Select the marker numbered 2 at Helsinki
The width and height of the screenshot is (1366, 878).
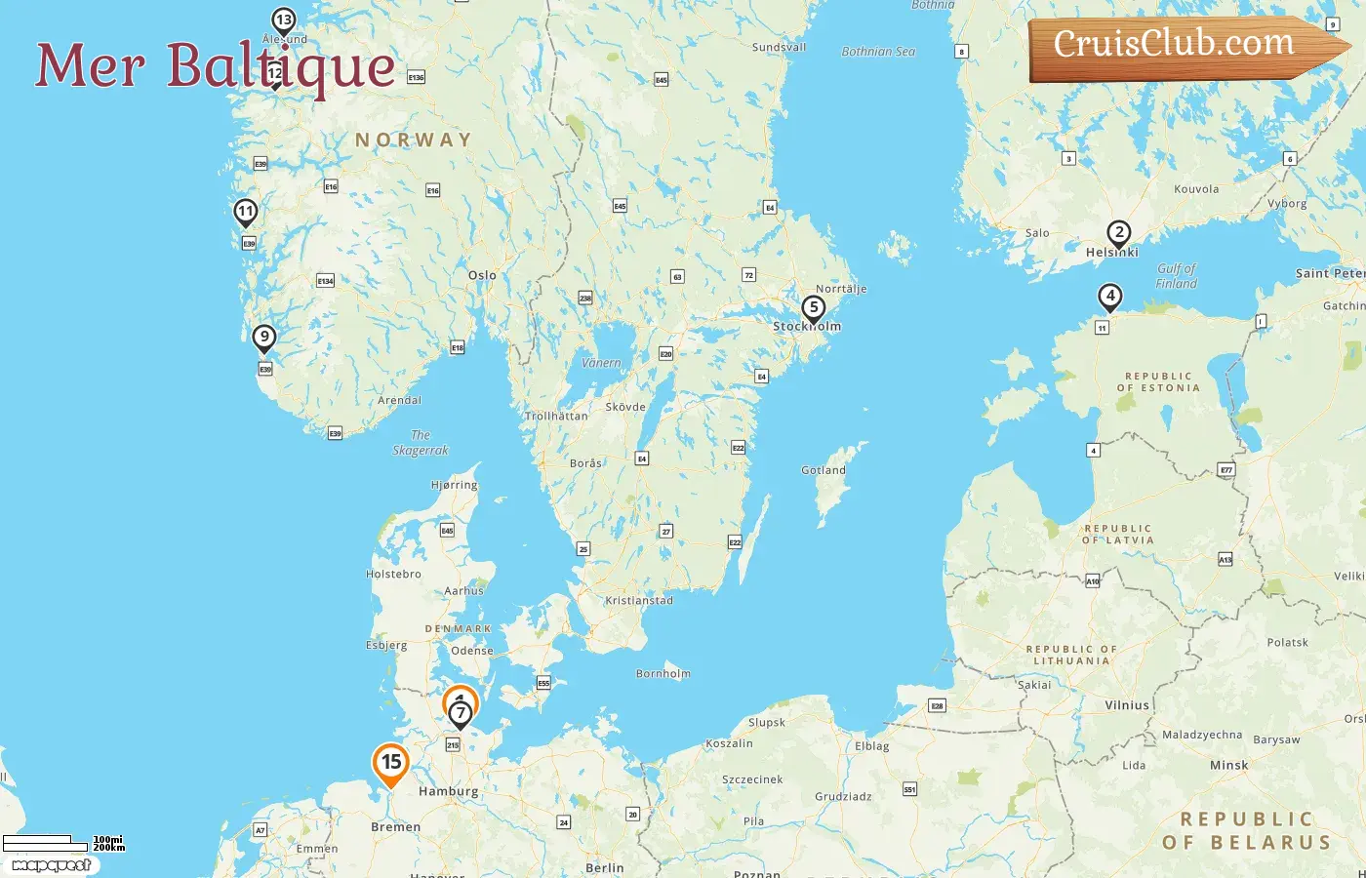tap(1119, 233)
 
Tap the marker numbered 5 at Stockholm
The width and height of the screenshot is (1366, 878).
tap(813, 308)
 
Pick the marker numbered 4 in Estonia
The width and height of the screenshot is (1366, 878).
tap(1109, 296)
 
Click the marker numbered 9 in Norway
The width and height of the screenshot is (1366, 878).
tap(263, 338)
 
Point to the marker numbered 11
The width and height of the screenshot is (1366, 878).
tap(246, 211)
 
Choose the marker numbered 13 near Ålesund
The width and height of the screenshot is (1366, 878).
tap(283, 20)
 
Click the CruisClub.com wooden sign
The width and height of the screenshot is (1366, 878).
tap(1181, 46)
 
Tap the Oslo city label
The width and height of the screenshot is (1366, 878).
tap(482, 276)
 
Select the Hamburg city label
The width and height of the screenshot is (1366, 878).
tap(449, 792)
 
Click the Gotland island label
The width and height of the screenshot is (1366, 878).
tap(824, 470)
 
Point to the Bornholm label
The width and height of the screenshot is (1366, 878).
tap(663, 674)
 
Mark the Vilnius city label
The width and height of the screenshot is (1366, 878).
tap(1127, 705)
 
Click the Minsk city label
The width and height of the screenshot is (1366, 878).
tap(1228, 766)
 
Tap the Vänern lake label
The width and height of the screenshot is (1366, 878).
tap(601, 363)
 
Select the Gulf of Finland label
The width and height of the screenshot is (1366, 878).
tap(1176, 276)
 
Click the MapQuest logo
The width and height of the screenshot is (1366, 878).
tap(51, 865)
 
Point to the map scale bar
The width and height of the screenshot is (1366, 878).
tap(39, 842)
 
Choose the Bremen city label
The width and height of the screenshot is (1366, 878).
tap(396, 827)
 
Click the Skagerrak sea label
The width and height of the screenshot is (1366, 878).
tap(421, 443)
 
